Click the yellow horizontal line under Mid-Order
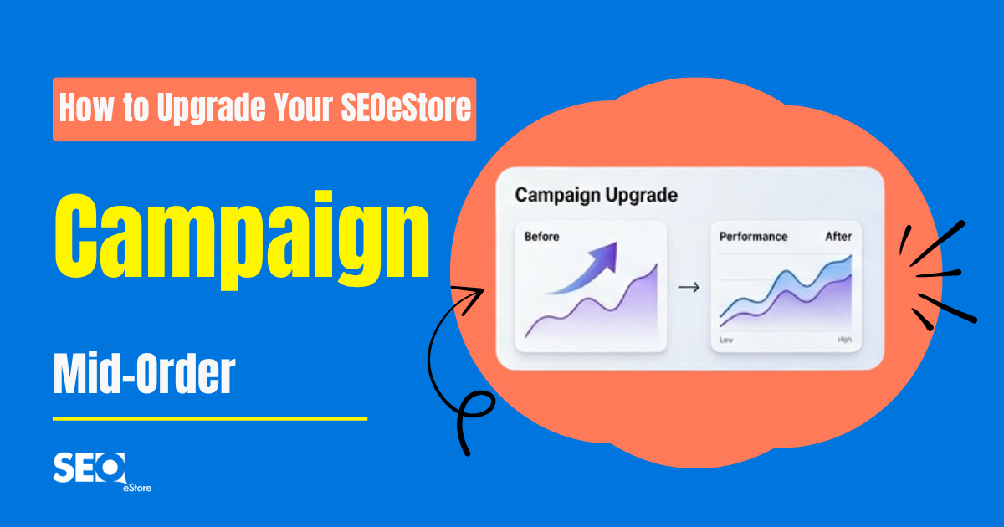coord(209,418)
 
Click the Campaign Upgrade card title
coord(596,195)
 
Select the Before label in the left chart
coord(541,237)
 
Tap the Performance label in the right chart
coord(753,237)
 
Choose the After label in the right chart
coord(838,237)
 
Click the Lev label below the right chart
coord(725,340)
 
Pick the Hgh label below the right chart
coord(843,340)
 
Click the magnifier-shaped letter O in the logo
coord(112,468)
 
